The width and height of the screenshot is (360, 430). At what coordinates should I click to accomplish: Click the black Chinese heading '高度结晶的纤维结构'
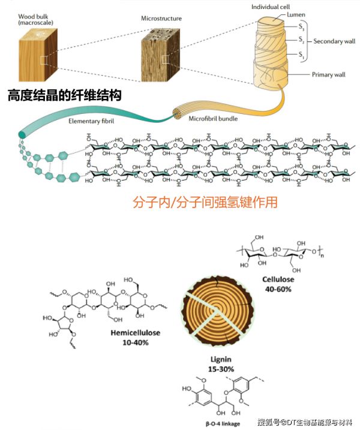point(69,95)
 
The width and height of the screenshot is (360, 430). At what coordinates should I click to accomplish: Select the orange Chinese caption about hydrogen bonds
point(205,202)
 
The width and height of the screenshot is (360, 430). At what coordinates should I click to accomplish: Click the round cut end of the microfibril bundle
point(178,113)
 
